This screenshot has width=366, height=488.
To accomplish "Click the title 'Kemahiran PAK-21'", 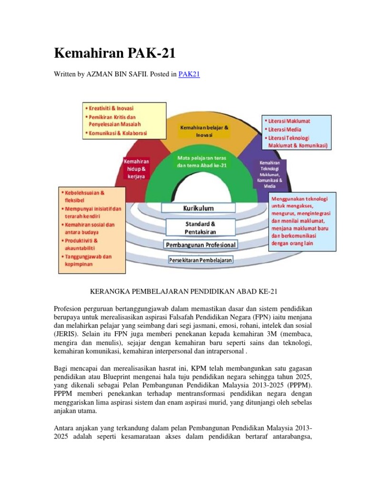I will coord(115,53).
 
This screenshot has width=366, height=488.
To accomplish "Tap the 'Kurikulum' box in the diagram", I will coord(198,208).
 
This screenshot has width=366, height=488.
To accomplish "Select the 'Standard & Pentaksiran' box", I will coord(200,227).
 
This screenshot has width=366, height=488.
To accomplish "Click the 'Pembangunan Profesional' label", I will coord(200,245).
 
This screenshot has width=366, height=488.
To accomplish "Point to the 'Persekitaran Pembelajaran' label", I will coord(200,260).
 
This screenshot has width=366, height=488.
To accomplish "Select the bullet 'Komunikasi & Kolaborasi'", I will coord(118,132).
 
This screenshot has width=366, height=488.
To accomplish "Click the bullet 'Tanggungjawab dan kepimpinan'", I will coord(88,260).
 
